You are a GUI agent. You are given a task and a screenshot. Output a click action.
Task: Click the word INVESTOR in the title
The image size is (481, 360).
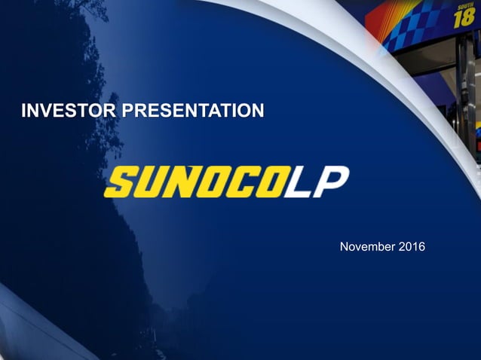click(x=69, y=112)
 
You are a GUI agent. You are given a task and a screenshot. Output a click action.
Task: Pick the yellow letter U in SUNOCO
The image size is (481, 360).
click(x=151, y=182)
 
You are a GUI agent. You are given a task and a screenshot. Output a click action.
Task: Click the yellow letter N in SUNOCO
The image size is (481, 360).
click(x=182, y=182)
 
